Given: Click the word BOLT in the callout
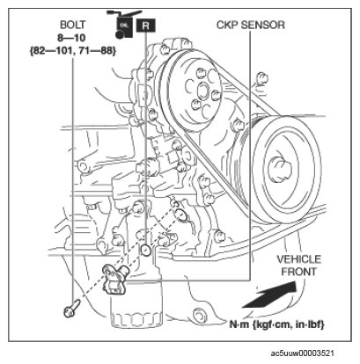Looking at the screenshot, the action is point(72,25).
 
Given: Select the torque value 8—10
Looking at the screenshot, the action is point(71,38).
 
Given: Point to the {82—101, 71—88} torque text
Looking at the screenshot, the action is point(73,51).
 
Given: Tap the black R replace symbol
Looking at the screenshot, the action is point(146,25).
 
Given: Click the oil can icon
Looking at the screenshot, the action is point(124,25).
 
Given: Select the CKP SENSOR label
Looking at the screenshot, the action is point(251,25).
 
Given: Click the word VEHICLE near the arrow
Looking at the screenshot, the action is point(299,259).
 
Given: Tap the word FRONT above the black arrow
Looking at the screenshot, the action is point(299,272).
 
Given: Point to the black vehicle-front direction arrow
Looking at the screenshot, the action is point(269,295).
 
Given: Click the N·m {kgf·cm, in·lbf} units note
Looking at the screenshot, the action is point(276,324).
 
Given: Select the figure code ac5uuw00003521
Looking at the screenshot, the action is point(302,353).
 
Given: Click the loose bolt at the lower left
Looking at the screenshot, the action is point(71,308).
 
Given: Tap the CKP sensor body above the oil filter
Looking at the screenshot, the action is point(114,279).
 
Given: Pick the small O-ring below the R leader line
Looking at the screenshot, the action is point(146,250).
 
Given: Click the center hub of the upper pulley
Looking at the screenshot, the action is point(202,91).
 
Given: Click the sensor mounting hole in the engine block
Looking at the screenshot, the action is point(181,215).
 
